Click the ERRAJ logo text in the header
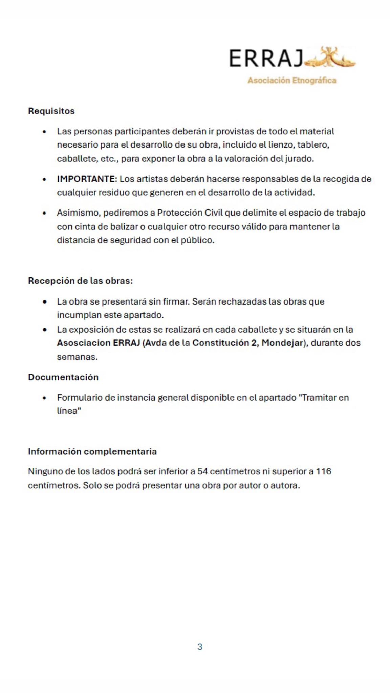coord(266,58)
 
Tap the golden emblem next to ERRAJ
coord(330,58)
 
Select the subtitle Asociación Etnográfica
coord(292,81)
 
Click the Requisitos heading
coord(51,111)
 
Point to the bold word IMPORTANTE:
coord(87,179)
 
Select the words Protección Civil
coord(190,213)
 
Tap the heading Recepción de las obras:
coord(80,281)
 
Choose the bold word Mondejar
coord(282,343)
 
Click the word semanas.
coord(77,357)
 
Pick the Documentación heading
coord(63,377)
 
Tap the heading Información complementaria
coord(92,452)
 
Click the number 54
coord(202,471)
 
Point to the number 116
coord(323,471)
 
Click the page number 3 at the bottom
coord(200,647)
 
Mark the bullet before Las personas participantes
coord(44,132)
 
